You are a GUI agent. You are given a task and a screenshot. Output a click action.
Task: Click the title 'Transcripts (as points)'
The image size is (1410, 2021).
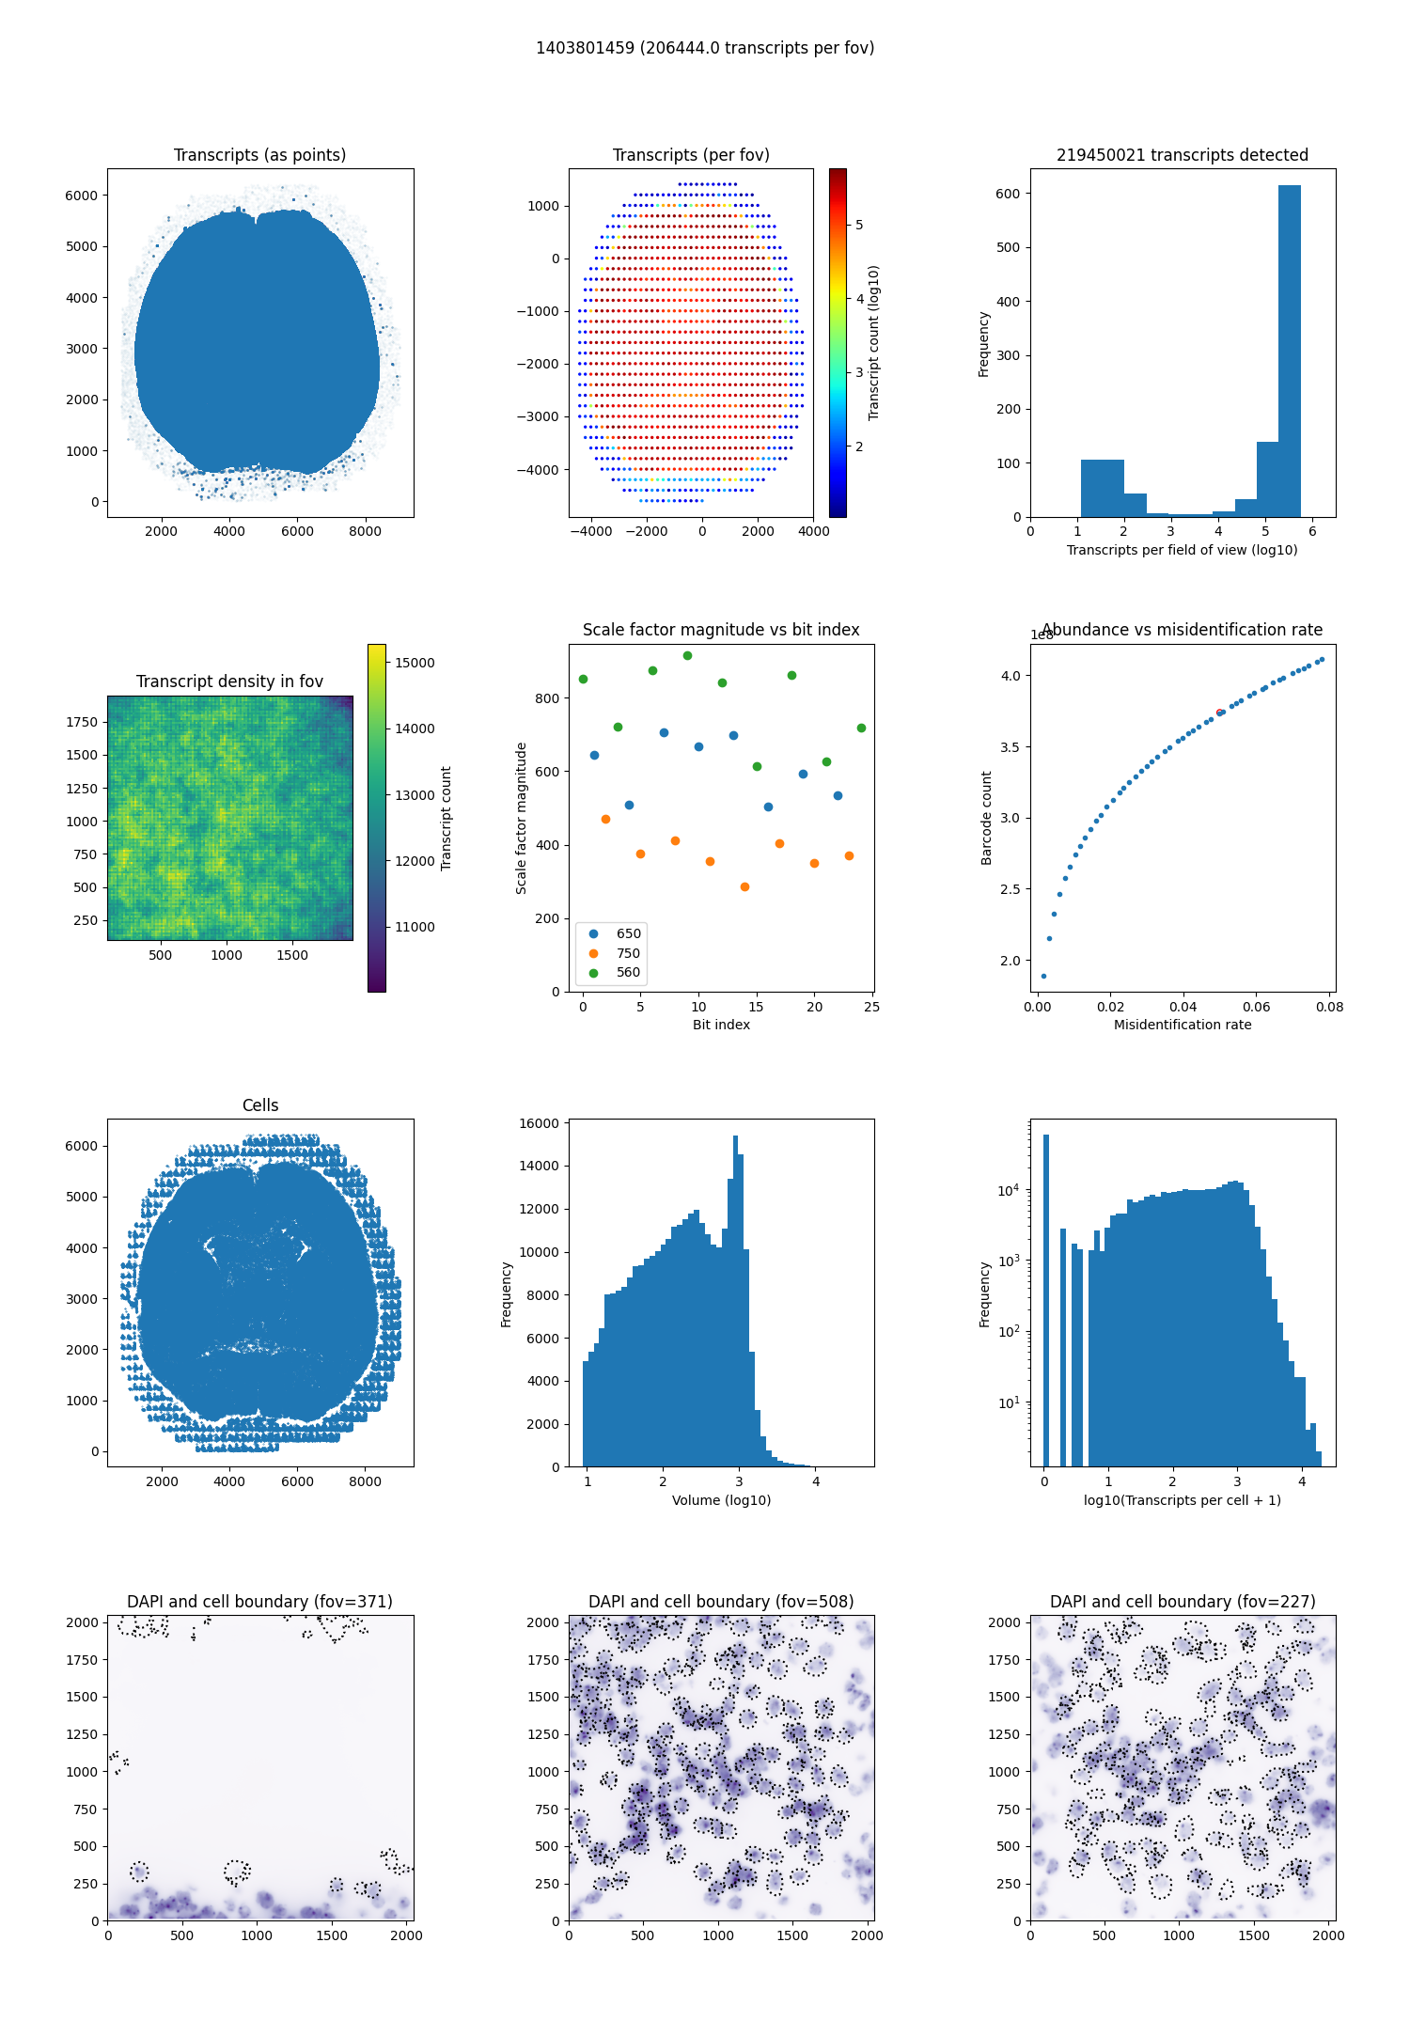(259, 155)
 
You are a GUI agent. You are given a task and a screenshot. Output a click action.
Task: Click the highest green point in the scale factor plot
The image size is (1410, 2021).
(687, 655)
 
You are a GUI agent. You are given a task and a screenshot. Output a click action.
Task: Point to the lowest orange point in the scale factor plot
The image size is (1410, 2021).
(744, 886)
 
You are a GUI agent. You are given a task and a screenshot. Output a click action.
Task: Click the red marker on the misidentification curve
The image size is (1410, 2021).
(1219, 713)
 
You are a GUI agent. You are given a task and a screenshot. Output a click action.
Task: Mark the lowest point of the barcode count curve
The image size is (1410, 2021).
(1043, 976)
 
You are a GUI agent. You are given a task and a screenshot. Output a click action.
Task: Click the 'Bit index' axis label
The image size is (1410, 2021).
(721, 1025)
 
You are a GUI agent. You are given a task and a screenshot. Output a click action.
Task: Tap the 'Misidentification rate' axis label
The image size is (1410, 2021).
(1183, 1025)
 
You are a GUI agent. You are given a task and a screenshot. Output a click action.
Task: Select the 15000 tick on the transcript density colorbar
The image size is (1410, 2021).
(415, 663)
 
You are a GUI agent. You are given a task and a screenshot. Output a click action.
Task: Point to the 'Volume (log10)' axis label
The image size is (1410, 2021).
(721, 1500)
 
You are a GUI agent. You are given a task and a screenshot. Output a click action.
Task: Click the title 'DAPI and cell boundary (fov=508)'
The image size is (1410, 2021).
(721, 1602)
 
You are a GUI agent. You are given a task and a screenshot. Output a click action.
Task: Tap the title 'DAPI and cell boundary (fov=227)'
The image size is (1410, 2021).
(1183, 1602)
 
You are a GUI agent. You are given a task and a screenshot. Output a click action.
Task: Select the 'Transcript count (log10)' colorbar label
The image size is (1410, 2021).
(874, 343)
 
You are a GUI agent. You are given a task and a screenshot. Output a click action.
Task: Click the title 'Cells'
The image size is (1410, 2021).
(260, 1105)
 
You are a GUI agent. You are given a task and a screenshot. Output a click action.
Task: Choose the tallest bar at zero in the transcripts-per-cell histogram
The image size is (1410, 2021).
(1045, 1297)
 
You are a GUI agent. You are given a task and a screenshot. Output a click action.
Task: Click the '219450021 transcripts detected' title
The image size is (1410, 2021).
(1183, 155)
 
